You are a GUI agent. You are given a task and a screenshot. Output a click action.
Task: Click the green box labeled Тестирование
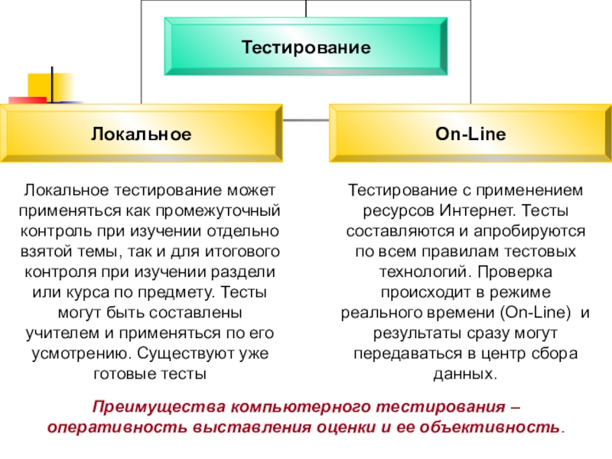[306, 47]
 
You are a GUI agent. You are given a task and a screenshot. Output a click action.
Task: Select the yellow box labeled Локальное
[141, 134]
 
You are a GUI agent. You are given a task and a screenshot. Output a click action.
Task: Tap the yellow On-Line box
[470, 134]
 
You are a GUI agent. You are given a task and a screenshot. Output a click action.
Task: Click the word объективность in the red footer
[500, 426]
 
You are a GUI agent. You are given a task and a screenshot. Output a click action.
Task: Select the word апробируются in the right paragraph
[539, 230]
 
